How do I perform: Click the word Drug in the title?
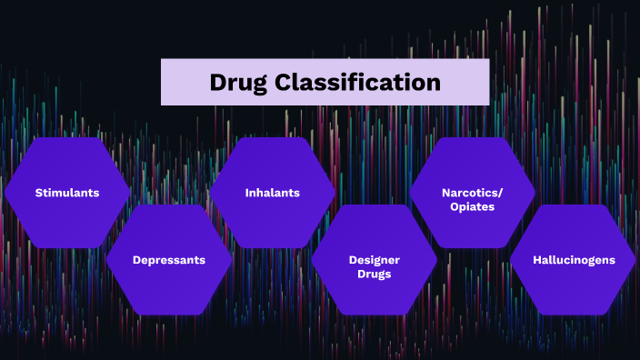(x=238, y=83)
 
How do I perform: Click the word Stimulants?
(x=67, y=193)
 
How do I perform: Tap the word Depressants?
(x=169, y=260)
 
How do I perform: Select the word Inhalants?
(x=272, y=193)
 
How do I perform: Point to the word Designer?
(x=375, y=260)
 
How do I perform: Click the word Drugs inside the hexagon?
(x=375, y=274)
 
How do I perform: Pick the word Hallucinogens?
(x=574, y=260)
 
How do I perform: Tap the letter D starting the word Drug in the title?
(x=217, y=83)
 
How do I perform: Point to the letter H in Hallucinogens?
(x=537, y=260)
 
